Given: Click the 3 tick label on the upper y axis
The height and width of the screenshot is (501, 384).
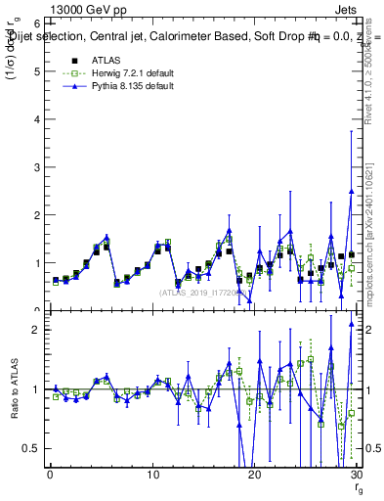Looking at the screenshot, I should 37,166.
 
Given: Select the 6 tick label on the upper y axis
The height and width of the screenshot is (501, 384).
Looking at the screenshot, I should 37,23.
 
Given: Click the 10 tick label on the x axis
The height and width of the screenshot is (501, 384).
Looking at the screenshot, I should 152,474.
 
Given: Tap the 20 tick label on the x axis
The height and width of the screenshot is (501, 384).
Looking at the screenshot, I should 254,474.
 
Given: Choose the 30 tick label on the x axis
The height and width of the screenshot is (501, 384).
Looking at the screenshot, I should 356,474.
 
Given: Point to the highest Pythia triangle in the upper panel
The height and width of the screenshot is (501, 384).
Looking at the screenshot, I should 351,192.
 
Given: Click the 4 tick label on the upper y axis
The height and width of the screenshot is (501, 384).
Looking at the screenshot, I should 37,118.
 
